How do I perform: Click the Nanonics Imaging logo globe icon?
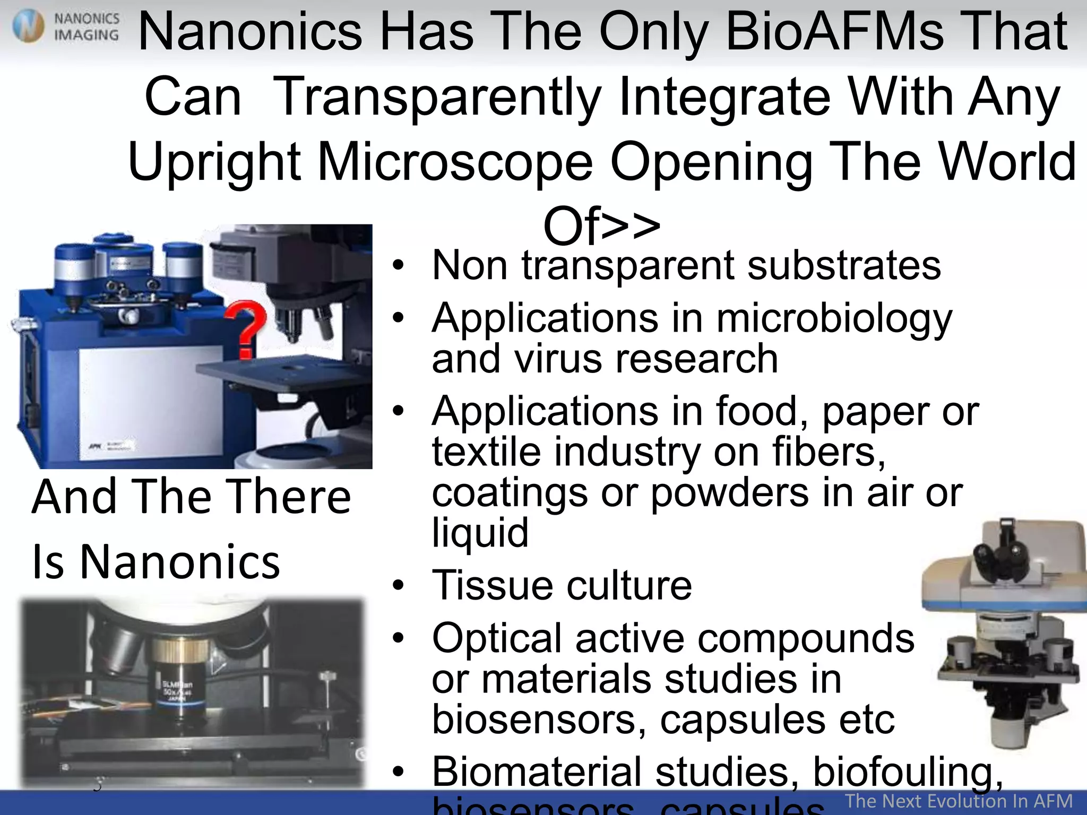[29, 27]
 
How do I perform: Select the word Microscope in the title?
[455, 162]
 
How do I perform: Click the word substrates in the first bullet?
[843, 265]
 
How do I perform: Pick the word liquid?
[480, 533]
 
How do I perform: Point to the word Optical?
[497, 639]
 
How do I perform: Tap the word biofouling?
[908, 772]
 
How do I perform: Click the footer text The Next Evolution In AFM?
[959, 801]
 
